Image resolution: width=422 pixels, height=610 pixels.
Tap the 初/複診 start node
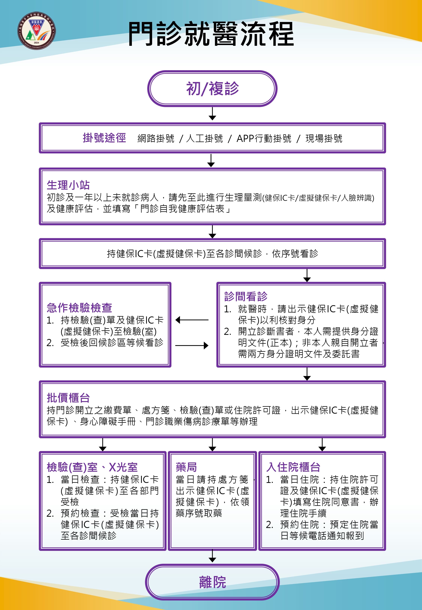212,89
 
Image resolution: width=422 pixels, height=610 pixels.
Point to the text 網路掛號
156,138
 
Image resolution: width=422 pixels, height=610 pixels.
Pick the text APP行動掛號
264,138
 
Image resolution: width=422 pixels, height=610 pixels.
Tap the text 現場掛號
324,138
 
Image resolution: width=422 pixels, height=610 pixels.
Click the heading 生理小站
68,185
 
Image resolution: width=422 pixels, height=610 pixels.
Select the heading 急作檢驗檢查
79,308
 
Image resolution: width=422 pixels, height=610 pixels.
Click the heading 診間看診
246,296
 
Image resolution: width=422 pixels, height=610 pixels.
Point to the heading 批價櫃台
68,398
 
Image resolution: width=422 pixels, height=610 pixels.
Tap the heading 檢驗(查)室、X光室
92,467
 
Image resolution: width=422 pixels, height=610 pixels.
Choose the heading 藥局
186,467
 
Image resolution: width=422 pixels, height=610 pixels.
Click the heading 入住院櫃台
293,467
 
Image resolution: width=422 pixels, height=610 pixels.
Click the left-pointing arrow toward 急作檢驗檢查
192,320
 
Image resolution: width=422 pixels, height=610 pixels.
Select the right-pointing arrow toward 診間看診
192,346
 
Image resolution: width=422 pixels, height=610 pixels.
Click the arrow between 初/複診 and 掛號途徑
212,114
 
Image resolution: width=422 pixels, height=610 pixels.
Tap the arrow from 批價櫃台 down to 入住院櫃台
322,444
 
